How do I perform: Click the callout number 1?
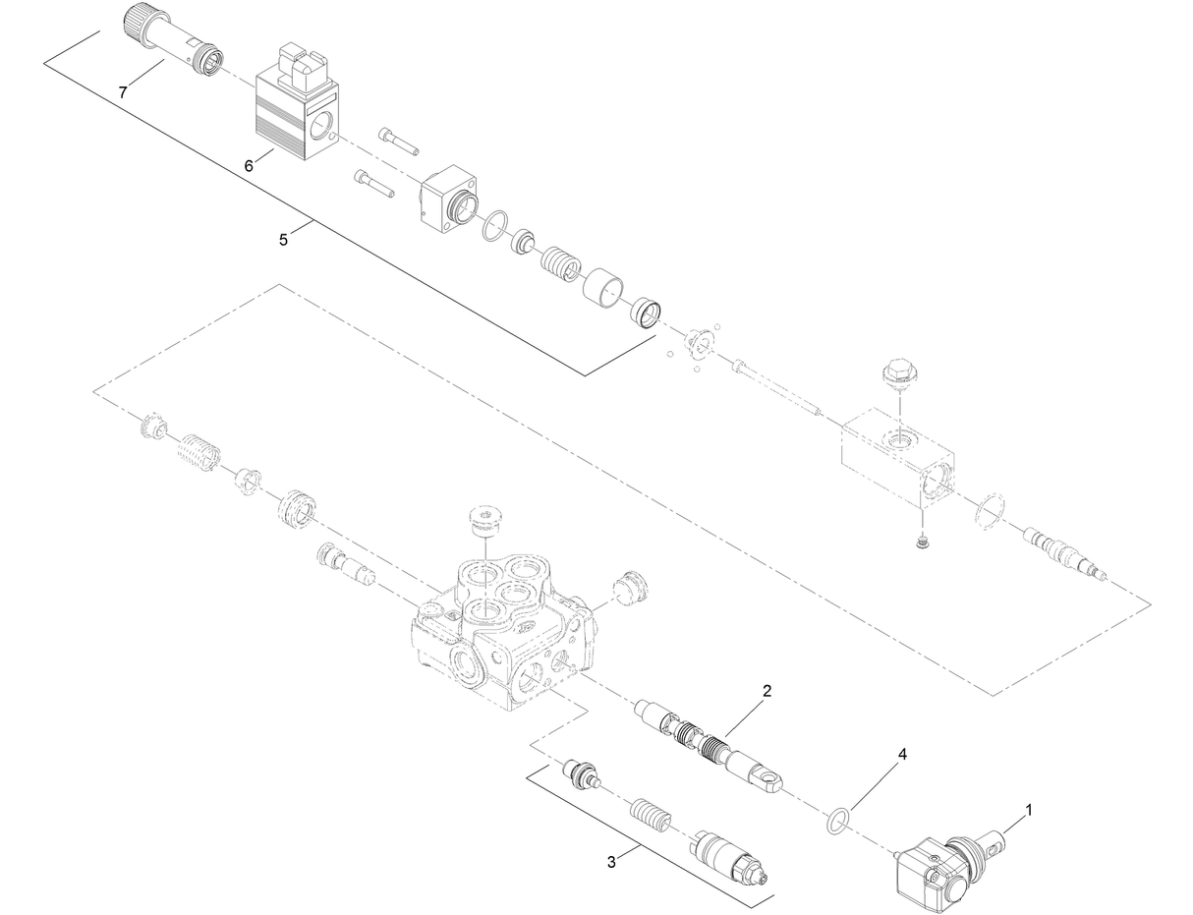coord(1028,810)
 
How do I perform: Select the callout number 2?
coord(767,691)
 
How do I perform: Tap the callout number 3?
coord(611,862)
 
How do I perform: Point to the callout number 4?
coord(902,755)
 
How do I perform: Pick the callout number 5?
coord(283,240)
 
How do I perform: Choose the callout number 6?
coord(249,166)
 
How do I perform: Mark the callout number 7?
coord(123,92)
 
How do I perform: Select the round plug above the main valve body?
coord(486,523)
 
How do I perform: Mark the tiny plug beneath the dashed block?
coord(923,543)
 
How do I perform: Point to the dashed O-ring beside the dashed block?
coord(991,512)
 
